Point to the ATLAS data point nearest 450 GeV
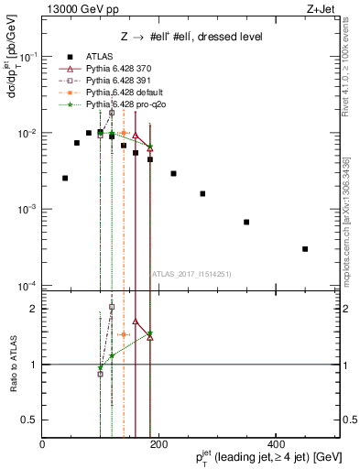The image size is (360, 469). [x=305, y=249]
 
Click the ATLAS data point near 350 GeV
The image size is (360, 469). [x=246, y=222]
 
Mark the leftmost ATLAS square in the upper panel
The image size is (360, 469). [x=65, y=178]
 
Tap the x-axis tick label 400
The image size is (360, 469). [x=276, y=445]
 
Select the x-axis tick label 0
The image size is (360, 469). [x=43, y=445]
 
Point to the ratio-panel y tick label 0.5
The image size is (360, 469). [x=32, y=420]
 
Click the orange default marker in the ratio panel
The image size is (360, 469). [x=123, y=334]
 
